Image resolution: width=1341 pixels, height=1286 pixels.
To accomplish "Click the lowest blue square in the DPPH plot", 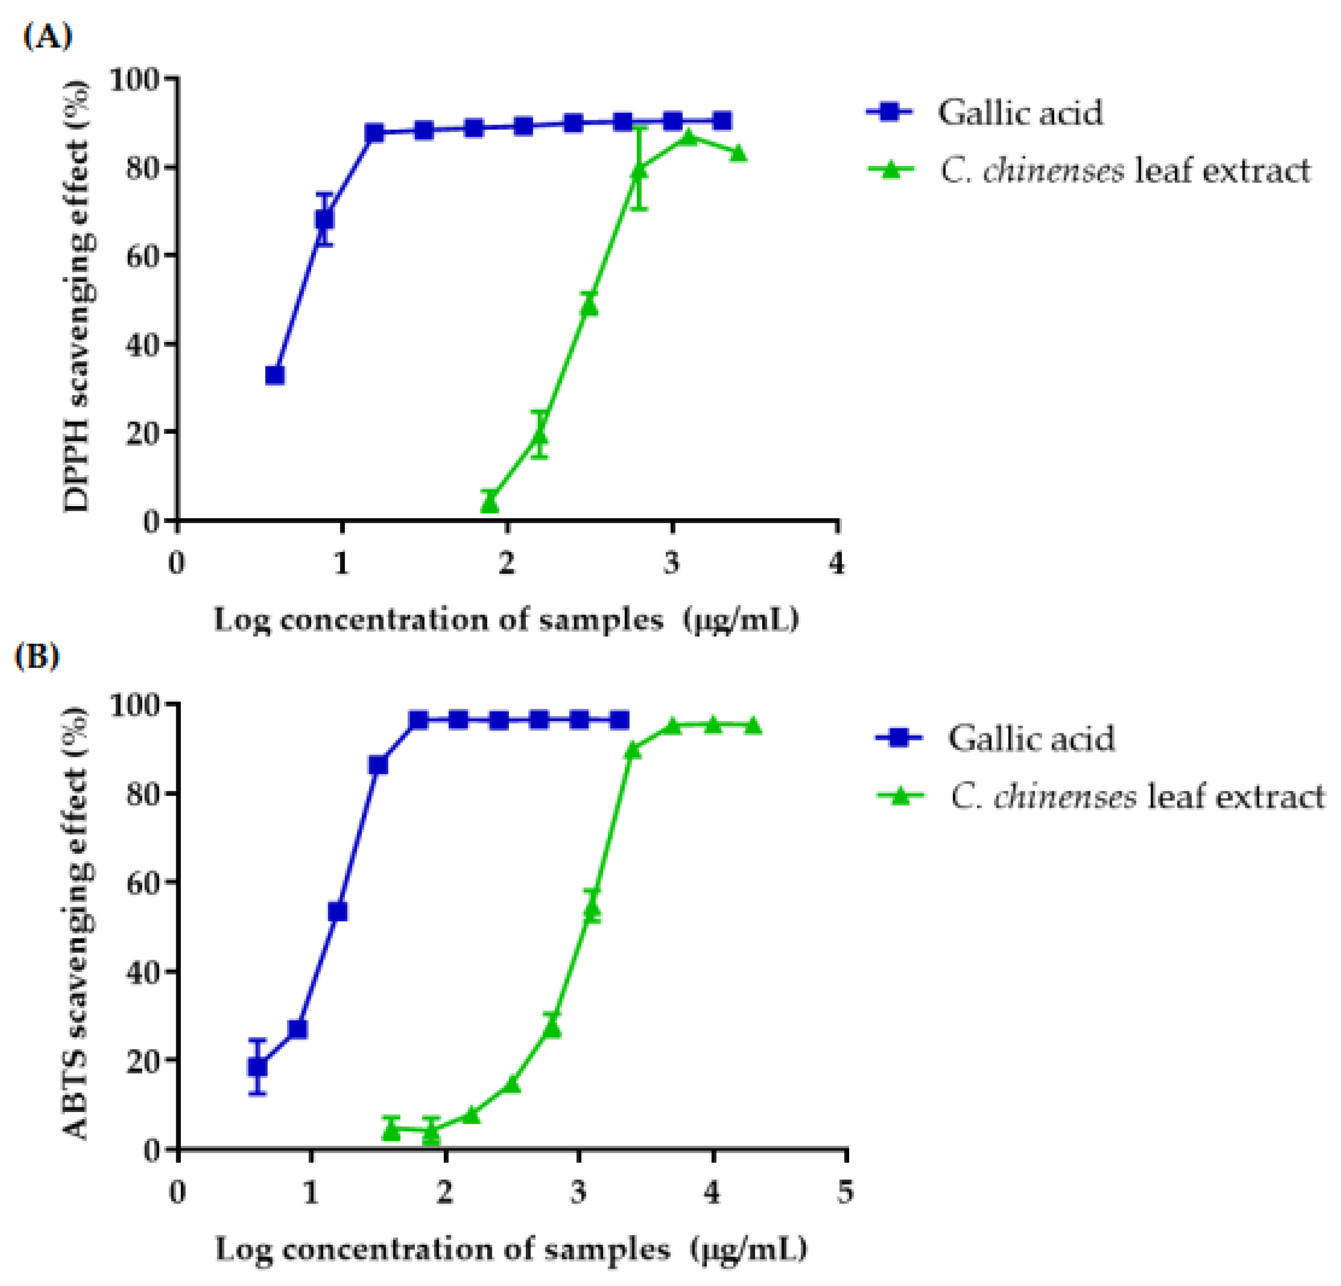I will (x=275, y=375).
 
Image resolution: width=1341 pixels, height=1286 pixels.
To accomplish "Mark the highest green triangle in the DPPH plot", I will (x=689, y=137).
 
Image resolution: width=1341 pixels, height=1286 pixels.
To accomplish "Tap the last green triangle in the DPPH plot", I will (x=738, y=153).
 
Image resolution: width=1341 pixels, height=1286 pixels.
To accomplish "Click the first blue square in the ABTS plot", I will (x=257, y=1067).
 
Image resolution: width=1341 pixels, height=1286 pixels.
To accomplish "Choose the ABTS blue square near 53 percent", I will (x=338, y=912).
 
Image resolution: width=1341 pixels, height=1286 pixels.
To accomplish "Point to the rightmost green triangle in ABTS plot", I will (x=753, y=725).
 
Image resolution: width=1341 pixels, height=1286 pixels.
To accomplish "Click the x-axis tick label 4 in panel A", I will (x=837, y=563).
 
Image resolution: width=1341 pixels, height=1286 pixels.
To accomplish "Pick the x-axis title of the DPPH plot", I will (x=506, y=620).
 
